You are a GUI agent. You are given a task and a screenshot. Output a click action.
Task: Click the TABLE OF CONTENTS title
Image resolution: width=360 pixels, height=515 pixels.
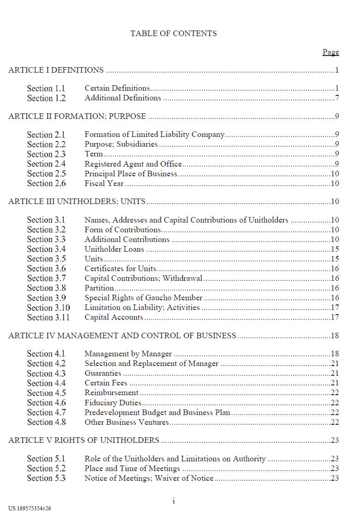pyautogui.click(x=174, y=33)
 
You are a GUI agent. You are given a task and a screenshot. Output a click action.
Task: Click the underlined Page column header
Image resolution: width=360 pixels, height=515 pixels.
pyautogui.click(x=330, y=52)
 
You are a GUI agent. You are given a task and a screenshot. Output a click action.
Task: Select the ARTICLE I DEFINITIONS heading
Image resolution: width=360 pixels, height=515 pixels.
pyautogui.click(x=56, y=70)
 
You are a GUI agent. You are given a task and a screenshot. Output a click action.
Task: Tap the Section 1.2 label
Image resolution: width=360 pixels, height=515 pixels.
pyautogui.click(x=46, y=98)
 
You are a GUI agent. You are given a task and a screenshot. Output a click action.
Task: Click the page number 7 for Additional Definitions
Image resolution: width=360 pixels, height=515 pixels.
pyautogui.click(x=337, y=98)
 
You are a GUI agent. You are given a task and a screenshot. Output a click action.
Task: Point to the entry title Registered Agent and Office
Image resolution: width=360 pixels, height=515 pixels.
pyautogui.click(x=133, y=164)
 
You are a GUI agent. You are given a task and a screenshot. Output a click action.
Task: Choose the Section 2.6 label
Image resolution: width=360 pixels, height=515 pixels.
pyautogui.click(x=46, y=184)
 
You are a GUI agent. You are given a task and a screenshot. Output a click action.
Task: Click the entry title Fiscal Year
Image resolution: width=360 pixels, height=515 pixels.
pyautogui.click(x=104, y=184)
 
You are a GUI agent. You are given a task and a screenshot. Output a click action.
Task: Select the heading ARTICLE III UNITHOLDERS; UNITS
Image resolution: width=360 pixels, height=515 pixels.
pyautogui.click(x=77, y=202)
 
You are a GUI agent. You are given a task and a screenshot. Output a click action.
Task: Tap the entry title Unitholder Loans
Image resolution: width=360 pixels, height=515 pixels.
pyautogui.click(x=114, y=249)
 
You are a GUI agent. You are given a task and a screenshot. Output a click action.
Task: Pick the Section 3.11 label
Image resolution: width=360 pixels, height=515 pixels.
pyautogui.click(x=48, y=317)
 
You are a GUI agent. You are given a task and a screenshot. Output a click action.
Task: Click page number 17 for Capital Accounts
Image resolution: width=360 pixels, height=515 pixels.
pyautogui.click(x=335, y=317)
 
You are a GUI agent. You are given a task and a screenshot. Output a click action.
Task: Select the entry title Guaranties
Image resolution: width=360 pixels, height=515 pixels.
pyautogui.click(x=103, y=373)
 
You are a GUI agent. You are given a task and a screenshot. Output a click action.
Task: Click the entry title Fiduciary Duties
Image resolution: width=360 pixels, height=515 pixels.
pyautogui.click(x=113, y=403)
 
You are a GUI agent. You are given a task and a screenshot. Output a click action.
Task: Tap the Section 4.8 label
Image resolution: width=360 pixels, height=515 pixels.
pyautogui.click(x=46, y=422)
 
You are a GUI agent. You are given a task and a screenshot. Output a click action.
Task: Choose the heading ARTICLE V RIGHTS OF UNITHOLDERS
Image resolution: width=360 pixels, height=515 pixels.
pyautogui.click(x=84, y=441)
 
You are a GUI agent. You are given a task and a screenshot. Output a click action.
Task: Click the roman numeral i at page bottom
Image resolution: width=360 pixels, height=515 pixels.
pyautogui.click(x=174, y=501)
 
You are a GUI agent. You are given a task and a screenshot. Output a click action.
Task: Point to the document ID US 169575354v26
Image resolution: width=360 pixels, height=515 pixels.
pyautogui.click(x=30, y=509)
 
